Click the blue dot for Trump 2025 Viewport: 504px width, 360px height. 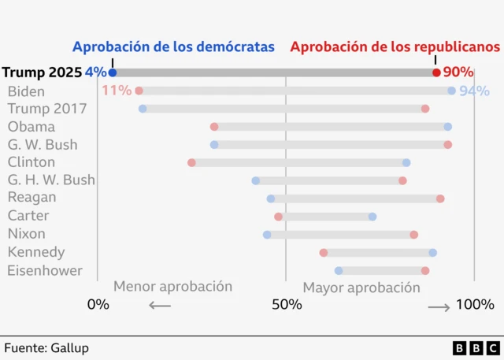click(x=113, y=72)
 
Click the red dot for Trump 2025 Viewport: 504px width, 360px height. click(x=436, y=72)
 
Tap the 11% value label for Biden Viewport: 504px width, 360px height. click(x=117, y=91)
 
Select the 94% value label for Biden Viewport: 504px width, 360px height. click(x=474, y=91)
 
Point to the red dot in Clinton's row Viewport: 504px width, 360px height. click(x=191, y=162)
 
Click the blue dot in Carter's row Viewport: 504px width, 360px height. click(x=372, y=217)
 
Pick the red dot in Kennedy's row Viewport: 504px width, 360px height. click(x=324, y=253)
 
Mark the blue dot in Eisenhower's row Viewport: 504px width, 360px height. click(x=339, y=271)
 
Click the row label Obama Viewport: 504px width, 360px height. click(x=31, y=127)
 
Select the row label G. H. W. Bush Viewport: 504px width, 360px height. click(x=51, y=180)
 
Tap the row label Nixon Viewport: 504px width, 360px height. click(x=27, y=234)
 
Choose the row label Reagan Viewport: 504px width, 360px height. click(x=32, y=198)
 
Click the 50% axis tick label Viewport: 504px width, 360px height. click(x=286, y=305)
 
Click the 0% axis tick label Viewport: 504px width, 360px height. click(x=98, y=305)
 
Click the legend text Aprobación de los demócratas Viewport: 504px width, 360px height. click(x=173, y=47)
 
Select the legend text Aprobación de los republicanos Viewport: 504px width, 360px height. click(x=395, y=47)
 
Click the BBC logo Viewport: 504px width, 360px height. click(x=476, y=347)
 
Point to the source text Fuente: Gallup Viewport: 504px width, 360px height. click(x=46, y=347)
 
